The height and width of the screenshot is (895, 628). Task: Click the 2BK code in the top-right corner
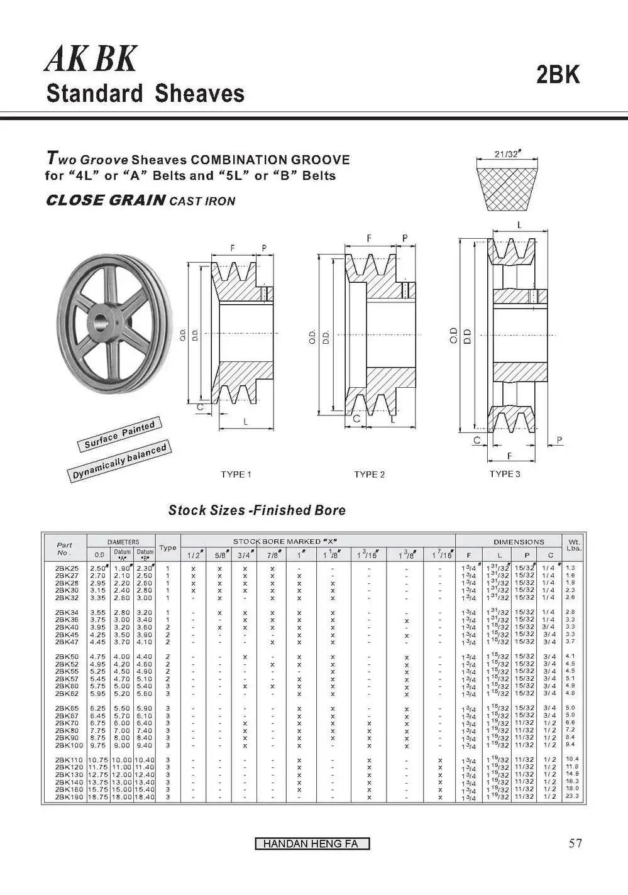coord(558,75)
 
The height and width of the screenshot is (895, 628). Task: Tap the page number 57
coord(575,843)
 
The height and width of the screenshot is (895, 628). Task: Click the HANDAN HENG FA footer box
coord(312,844)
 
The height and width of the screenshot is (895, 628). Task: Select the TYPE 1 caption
coord(236,475)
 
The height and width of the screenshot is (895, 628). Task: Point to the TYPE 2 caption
coord(369,475)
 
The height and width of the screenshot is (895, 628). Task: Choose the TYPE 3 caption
coord(505,474)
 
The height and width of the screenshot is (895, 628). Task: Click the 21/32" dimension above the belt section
coord(509,155)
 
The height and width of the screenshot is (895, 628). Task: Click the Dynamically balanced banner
coord(119,461)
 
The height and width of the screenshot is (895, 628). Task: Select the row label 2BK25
coord(67,568)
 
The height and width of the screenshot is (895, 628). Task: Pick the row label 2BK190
coord(69,798)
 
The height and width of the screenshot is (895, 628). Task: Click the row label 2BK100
coord(69,745)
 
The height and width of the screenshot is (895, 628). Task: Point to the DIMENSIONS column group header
coord(519,542)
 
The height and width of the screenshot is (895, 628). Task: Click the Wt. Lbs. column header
coord(574,545)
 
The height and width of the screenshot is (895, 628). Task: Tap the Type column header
coord(168,548)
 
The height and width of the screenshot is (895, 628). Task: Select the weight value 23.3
coord(572,796)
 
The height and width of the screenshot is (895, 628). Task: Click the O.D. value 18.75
coord(99,798)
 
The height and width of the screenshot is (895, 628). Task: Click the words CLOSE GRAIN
coord(106,200)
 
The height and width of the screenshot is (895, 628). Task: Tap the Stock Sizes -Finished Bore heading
coord(256,510)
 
